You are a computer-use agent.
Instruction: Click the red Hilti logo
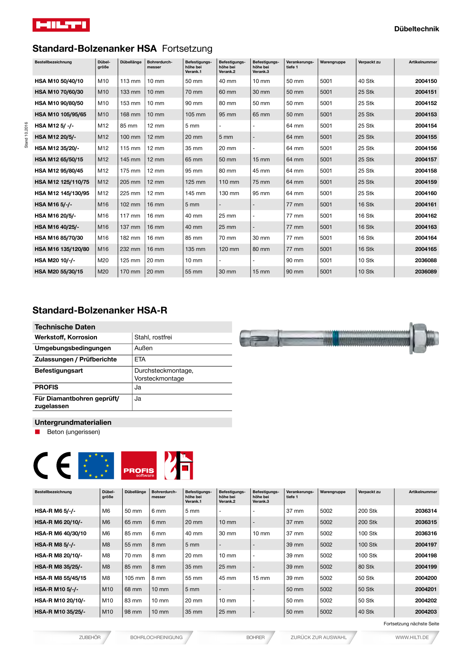click(61, 25)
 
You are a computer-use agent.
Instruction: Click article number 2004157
click(426, 160)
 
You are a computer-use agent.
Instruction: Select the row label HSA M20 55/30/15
click(59, 272)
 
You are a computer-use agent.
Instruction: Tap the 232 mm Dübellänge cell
click(130, 249)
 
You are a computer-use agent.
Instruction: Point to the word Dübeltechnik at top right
click(416, 29)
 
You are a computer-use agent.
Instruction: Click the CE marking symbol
click(53, 465)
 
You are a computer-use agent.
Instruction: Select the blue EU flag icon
click(96, 465)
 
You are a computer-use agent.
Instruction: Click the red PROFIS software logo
click(139, 465)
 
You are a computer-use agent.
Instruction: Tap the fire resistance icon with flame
click(178, 465)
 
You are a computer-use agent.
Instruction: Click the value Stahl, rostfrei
click(153, 337)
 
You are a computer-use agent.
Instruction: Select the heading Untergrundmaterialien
click(73, 422)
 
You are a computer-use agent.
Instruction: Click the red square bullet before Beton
click(38, 432)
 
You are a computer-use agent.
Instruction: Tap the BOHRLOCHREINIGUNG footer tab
click(156, 637)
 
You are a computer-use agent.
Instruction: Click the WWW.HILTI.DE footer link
click(411, 637)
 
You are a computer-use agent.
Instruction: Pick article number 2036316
click(426, 534)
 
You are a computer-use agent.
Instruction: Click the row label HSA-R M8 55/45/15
click(61, 578)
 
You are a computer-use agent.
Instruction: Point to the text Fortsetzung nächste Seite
click(411, 624)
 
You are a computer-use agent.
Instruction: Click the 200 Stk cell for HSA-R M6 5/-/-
click(367, 511)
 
